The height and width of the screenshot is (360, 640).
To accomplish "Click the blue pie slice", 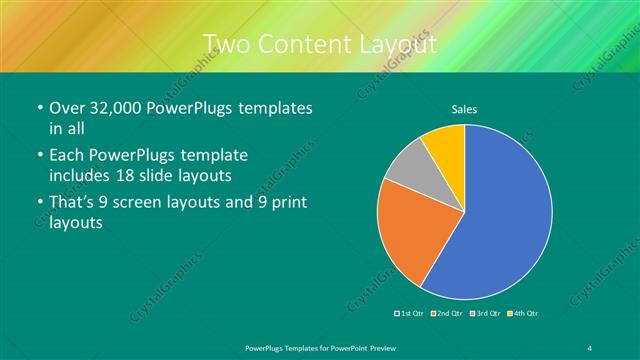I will tap(500, 220).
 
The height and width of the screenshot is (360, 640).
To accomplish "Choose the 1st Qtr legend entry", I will tap(411, 313).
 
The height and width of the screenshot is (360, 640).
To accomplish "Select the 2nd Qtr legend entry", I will tap(447, 313).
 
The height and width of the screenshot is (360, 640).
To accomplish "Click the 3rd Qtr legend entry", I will tap(484, 313).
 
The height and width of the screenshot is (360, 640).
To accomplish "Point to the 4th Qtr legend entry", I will tap(520, 313).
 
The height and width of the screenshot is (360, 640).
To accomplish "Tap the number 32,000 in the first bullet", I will tap(126, 108).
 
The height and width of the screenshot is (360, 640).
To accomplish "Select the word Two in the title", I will tap(226, 44).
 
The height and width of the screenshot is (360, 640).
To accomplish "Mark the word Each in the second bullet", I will tap(70, 155).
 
